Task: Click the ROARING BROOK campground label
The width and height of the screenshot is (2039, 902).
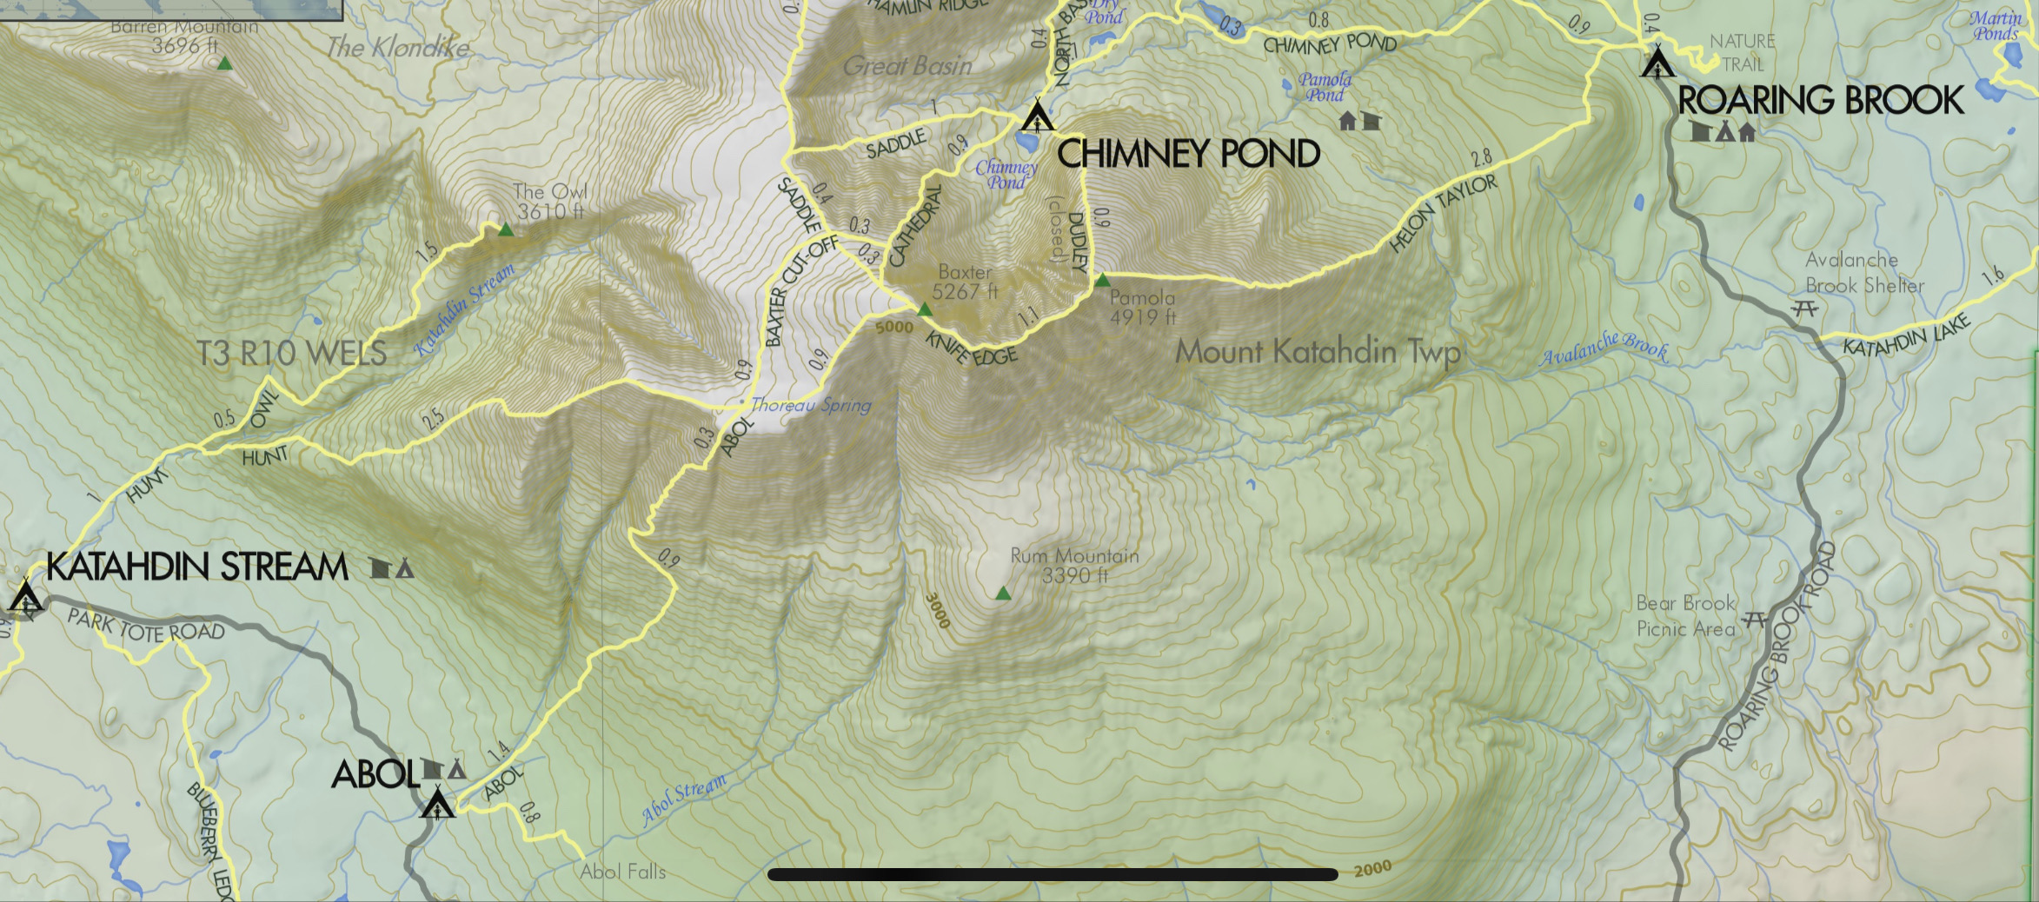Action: click(1820, 101)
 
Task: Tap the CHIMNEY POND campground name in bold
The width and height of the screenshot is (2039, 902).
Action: click(1188, 155)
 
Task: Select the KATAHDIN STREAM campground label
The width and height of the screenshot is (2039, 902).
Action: click(196, 567)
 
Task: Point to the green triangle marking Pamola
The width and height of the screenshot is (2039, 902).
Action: click(1102, 281)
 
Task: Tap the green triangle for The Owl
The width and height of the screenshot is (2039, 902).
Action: click(505, 230)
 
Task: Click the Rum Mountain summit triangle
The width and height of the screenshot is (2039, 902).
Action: click(1003, 594)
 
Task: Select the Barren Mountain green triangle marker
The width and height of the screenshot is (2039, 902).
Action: click(224, 63)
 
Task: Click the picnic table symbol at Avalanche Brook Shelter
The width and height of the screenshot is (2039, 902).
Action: click(1805, 308)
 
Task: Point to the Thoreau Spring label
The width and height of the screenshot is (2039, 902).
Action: click(810, 405)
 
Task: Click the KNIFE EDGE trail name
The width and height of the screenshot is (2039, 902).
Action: click(971, 348)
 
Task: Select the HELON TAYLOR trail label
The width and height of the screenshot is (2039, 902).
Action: click(1443, 214)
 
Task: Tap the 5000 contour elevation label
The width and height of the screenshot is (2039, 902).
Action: click(894, 328)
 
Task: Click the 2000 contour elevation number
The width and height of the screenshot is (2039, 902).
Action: click(1372, 868)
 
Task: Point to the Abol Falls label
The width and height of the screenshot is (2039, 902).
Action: click(622, 871)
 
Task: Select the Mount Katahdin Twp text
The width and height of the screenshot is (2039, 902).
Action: click(1317, 352)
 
